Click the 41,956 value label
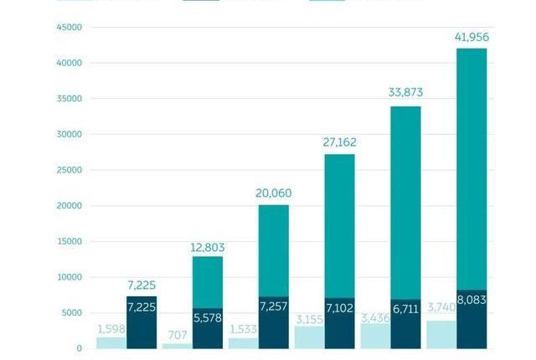(472, 38)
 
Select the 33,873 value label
(405, 93)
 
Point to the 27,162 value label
(339, 142)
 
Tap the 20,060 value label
(274, 193)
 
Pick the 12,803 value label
(208, 248)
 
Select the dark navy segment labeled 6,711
(405, 323)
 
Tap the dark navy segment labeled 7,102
(339, 322)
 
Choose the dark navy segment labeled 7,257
(274, 322)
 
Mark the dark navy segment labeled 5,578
(208, 328)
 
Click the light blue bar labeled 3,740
(441, 335)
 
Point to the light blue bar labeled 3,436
(374, 336)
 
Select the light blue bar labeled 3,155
(309, 337)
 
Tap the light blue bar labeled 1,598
(111, 342)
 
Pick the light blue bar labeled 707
(177, 346)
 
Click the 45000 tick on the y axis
(70, 28)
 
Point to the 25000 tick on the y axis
(70, 170)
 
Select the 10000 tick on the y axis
(70, 277)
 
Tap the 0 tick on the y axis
(80, 348)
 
